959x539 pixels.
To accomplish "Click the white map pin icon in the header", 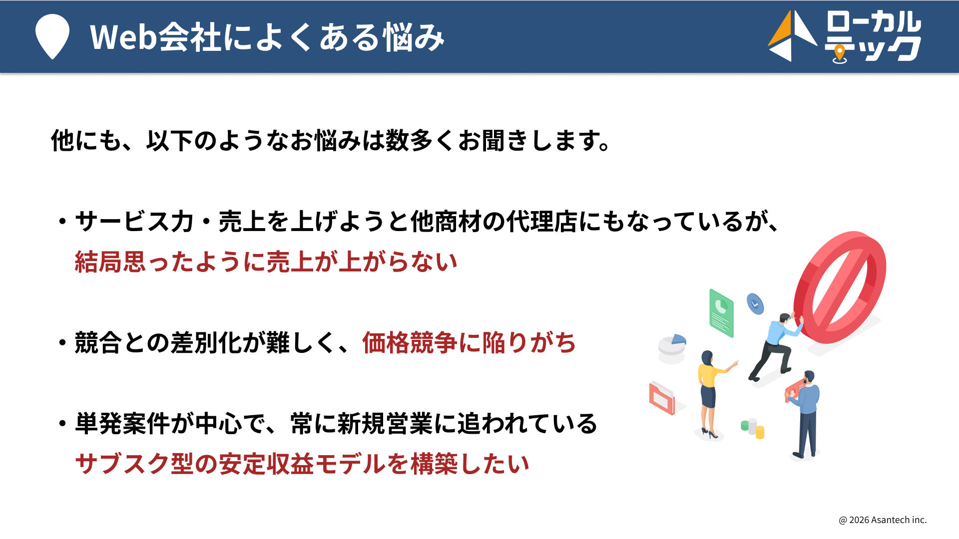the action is (x=52, y=36).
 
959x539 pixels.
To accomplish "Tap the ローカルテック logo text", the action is (x=873, y=36).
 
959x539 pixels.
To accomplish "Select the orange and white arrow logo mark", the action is (x=792, y=36).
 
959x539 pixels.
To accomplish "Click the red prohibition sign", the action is (x=840, y=287).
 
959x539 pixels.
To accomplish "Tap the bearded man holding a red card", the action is (x=804, y=414).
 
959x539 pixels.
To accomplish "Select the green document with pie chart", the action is (x=721, y=313).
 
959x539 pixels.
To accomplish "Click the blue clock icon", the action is (x=755, y=303).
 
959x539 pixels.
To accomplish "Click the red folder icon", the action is (x=662, y=398).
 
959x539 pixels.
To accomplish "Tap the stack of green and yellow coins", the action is (x=753, y=428).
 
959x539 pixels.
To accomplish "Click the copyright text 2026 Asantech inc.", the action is (x=883, y=520).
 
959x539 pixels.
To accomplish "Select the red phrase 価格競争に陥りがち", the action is (x=469, y=343).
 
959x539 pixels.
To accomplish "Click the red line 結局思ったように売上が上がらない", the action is (x=266, y=262).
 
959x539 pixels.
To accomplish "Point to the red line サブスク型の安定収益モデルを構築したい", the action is (x=302, y=464).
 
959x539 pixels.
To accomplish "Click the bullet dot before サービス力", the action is (x=62, y=221).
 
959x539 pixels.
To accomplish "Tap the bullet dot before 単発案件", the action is (x=62, y=424).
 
